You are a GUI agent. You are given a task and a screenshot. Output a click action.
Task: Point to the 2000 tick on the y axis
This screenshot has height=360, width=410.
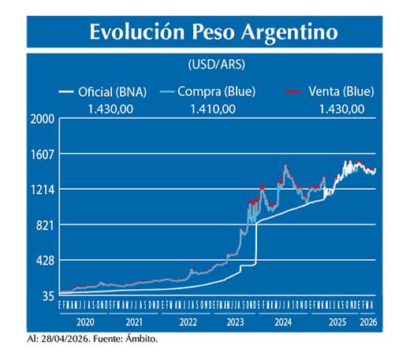click(x=43, y=120)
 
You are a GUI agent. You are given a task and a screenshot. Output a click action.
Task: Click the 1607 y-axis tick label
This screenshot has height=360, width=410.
click(x=43, y=154)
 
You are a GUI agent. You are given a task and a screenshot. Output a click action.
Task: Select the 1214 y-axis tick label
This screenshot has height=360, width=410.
click(x=43, y=190)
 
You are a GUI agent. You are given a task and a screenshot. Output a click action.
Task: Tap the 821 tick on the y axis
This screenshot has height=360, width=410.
click(x=45, y=225)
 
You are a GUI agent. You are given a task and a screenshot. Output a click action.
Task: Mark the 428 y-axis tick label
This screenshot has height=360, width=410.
click(x=45, y=261)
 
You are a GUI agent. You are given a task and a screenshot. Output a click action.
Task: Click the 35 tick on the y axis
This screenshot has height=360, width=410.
click(x=47, y=296)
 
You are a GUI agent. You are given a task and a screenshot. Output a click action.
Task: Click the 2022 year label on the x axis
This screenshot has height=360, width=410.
click(x=188, y=322)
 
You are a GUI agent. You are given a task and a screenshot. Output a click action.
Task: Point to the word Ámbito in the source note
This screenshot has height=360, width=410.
click(x=142, y=339)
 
